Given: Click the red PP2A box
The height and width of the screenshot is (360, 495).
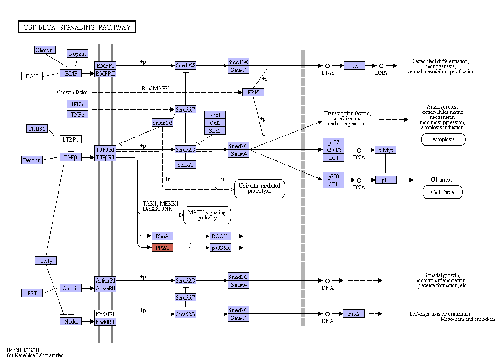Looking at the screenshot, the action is [162, 248].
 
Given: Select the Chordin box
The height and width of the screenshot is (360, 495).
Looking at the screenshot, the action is [45, 50].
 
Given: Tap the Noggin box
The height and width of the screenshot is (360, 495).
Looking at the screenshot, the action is [77, 53].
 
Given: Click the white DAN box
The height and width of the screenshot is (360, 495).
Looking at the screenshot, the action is [32, 76].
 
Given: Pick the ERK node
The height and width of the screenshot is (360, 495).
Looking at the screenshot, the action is [253, 92].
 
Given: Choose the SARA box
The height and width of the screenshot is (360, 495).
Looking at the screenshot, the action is [185, 165].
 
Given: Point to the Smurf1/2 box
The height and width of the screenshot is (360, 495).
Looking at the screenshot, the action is [162, 123].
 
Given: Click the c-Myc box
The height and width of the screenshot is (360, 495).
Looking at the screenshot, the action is [385, 150].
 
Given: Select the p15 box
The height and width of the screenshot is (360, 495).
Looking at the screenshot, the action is [386, 180].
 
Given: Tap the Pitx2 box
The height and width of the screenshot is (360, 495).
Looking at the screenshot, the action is [354, 313].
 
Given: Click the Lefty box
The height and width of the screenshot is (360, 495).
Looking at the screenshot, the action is [46, 260].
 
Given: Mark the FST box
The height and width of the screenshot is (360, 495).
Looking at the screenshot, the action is [32, 293].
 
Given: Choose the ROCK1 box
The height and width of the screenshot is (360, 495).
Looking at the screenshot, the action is [220, 236].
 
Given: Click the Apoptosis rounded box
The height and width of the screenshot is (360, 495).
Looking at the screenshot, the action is [443, 139].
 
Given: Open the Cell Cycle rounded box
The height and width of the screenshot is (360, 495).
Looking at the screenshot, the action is [442, 192].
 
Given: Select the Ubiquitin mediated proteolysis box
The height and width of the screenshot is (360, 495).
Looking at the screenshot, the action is [259, 189].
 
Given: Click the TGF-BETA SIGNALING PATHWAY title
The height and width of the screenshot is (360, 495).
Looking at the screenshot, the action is [77, 27].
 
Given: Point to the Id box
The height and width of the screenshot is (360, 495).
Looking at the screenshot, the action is [354, 65].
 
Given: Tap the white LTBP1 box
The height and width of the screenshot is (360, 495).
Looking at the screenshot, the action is [71, 139].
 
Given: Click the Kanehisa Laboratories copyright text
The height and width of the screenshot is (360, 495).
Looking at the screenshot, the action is [35, 355].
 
